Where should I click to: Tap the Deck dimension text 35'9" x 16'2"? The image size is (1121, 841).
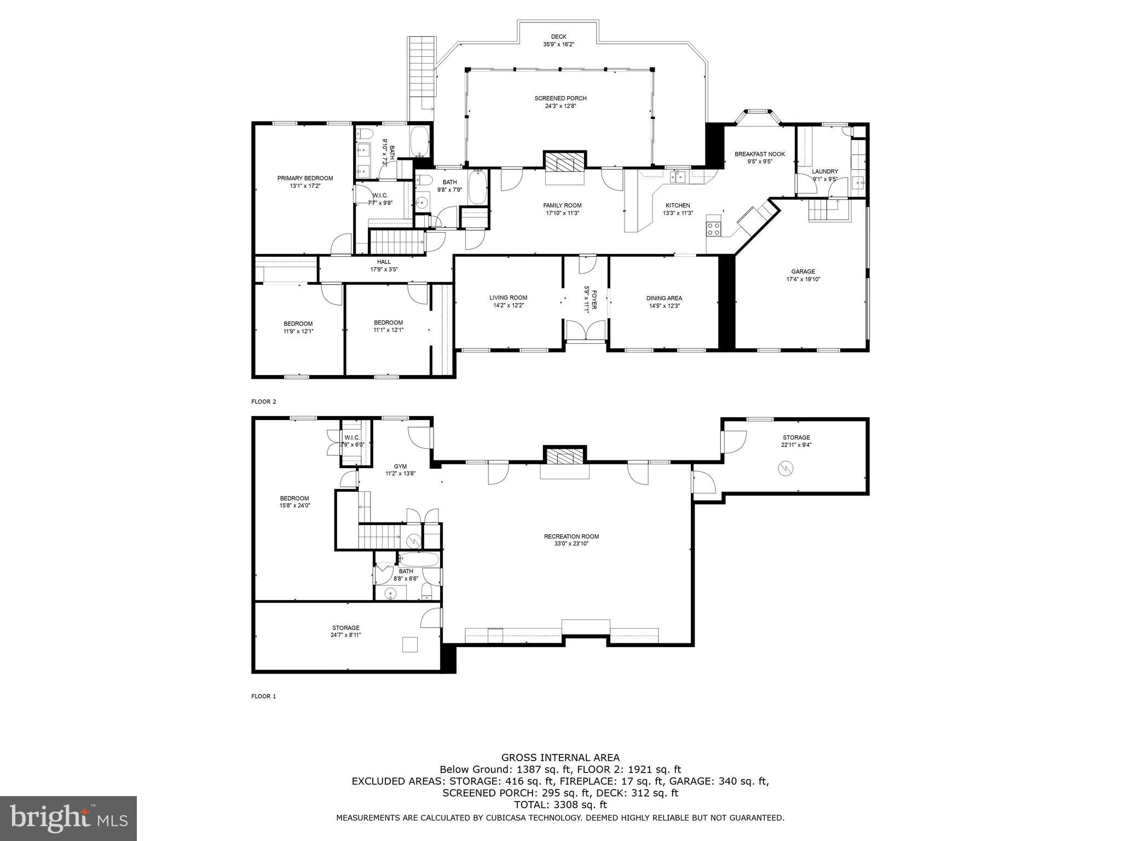click(558, 44)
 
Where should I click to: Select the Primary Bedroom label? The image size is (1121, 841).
click(305, 178)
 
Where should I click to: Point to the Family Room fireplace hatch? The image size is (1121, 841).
click(564, 163)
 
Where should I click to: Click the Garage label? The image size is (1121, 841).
click(803, 272)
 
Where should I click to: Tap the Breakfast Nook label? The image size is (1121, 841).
click(760, 154)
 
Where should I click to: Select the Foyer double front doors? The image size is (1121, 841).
click(586, 332)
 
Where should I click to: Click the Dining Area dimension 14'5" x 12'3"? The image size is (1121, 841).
click(664, 306)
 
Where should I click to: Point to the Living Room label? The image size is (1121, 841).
click(509, 298)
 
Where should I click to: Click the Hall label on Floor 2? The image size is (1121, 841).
click(384, 262)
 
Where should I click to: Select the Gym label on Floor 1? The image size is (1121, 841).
click(400, 466)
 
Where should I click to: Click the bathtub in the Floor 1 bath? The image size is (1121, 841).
click(418, 560)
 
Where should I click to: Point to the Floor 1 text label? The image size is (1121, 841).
click(264, 696)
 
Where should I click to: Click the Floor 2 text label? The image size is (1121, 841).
click(264, 402)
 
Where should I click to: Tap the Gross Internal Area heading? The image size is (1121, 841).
click(560, 758)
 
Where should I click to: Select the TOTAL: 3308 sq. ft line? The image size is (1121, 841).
click(560, 805)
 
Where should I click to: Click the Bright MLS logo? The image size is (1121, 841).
click(68, 819)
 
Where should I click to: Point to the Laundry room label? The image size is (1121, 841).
click(825, 171)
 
